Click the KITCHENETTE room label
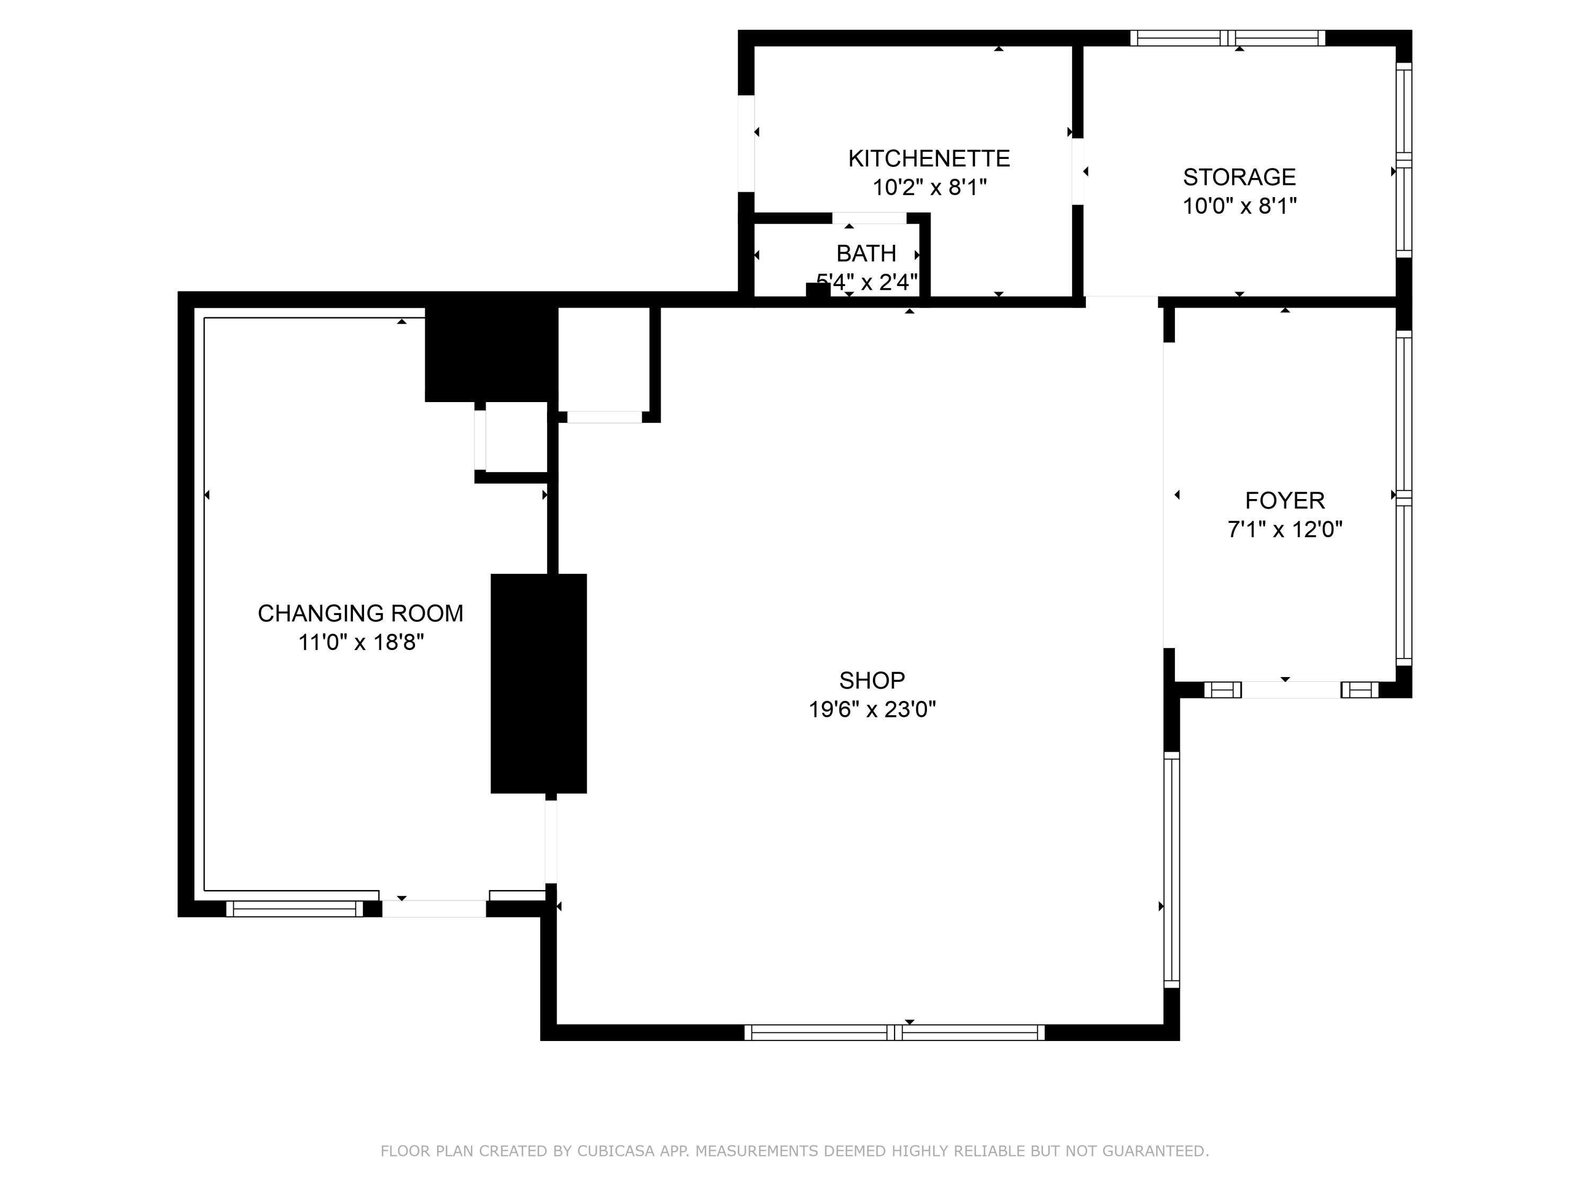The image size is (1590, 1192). [x=929, y=158]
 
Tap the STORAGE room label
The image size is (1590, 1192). [x=1239, y=177]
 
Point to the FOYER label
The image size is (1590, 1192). [x=1285, y=500]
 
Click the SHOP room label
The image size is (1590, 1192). [x=872, y=680]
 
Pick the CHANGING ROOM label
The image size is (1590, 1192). [x=360, y=613]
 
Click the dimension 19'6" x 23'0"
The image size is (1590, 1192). [x=872, y=710]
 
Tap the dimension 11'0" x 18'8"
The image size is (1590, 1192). [x=361, y=642]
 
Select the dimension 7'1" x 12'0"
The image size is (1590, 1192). [x=1285, y=530]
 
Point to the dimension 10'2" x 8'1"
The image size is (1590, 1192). [x=930, y=188]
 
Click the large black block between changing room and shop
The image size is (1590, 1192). [x=538, y=683]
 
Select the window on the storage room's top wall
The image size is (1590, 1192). [x=1227, y=38]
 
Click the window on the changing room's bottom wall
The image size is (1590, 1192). [x=295, y=909]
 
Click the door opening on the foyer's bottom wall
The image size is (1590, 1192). [x=1291, y=690]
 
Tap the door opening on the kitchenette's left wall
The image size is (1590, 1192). [x=746, y=144]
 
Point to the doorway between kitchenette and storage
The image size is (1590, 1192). [x=1077, y=171]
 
